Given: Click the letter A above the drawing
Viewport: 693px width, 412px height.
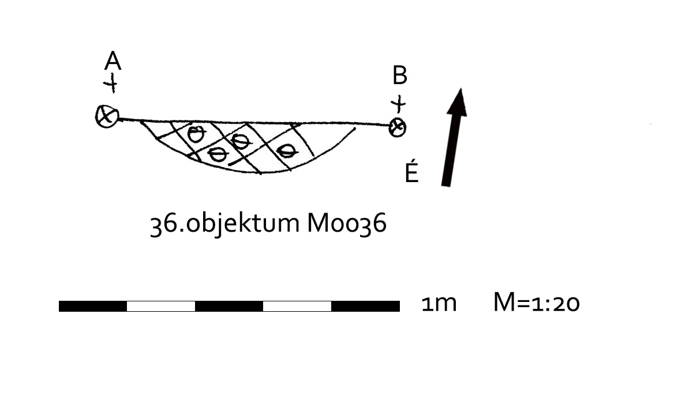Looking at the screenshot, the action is tap(113, 61).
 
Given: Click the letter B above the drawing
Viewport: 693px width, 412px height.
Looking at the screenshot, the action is tap(400, 75).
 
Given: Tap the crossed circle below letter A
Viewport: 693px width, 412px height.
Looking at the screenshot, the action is tap(107, 116).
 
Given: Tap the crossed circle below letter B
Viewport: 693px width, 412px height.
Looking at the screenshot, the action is tap(398, 127).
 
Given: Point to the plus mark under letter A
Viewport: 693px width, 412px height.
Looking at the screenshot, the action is tap(111, 83).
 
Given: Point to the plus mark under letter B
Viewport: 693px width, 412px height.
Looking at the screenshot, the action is tap(399, 104).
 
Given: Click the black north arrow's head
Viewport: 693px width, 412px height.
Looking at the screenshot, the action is tap(458, 103).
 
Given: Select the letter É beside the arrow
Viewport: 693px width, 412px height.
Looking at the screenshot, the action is tap(411, 171).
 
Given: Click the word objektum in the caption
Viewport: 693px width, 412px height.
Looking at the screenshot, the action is tap(243, 224).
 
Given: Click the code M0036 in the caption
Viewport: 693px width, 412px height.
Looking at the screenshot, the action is tap(346, 223).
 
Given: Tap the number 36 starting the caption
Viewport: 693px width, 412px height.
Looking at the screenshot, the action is tap(163, 224).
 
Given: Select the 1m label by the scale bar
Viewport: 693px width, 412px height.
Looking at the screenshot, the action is tap(439, 304).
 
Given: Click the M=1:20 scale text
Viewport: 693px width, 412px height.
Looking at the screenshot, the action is tap(537, 303).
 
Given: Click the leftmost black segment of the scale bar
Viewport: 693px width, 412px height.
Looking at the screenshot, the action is tap(93, 306).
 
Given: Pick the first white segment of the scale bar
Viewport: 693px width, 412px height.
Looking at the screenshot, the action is tap(161, 306).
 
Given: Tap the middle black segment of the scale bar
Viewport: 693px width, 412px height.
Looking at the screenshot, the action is tap(229, 306).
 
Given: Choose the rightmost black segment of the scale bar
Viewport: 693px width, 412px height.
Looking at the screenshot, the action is tap(366, 306).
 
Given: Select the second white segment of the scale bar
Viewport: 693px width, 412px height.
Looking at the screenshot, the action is tap(297, 306).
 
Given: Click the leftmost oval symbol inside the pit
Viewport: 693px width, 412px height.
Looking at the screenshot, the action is tap(196, 134).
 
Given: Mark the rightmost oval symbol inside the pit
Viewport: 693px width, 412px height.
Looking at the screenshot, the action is tap(287, 151).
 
